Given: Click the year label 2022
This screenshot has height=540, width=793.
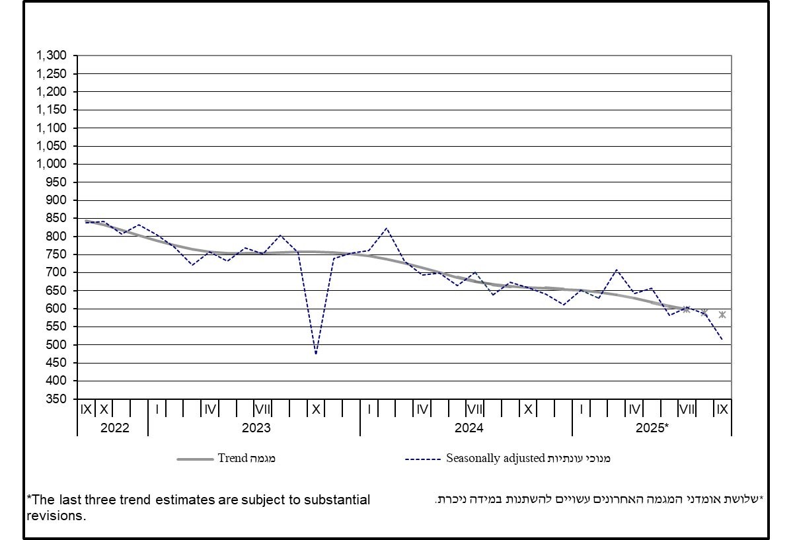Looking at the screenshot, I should point(114,428).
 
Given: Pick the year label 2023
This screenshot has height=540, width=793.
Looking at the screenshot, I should point(256,428).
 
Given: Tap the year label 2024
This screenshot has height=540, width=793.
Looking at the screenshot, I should point(469,428).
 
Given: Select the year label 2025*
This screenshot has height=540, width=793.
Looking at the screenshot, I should point(652,428).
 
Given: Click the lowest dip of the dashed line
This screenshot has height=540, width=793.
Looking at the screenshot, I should point(316,354).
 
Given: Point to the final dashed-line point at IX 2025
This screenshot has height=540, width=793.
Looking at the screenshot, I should point(722,340).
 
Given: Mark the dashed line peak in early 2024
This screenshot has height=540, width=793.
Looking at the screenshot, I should point(387,228).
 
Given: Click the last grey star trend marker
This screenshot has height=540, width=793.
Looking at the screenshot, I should point(722,315).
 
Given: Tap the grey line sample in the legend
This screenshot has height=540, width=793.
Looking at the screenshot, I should point(195,459).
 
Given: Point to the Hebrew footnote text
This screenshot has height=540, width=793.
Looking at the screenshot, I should point(599,500).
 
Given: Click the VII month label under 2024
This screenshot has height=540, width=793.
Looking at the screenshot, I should point(474,409).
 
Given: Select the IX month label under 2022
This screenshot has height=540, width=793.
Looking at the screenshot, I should point(86,409).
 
